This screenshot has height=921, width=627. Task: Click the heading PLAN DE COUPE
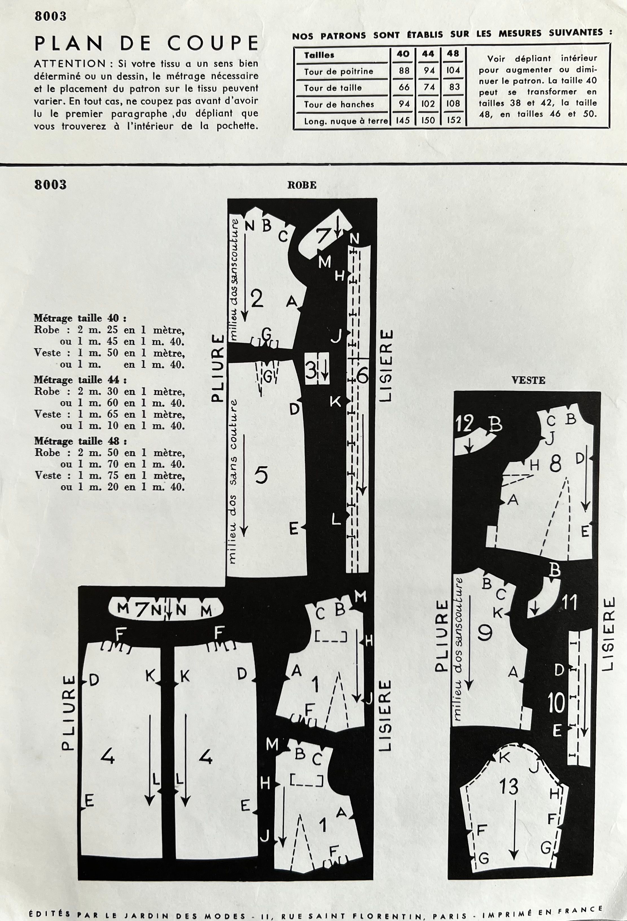(x=146, y=43)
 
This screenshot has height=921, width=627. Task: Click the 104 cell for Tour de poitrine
(x=453, y=71)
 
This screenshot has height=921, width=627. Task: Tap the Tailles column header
(x=319, y=55)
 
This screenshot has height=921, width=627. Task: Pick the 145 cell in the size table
(x=403, y=120)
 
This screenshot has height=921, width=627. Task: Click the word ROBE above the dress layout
(x=302, y=185)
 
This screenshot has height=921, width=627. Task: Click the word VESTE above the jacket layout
(x=528, y=380)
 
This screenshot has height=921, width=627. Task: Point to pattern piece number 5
(x=261, y=475)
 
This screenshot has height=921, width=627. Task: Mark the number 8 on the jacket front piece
(x=555, y=464)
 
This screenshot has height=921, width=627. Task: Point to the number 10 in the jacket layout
(x=556, y=704)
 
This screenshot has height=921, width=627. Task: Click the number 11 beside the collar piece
(x=569, y=603)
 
